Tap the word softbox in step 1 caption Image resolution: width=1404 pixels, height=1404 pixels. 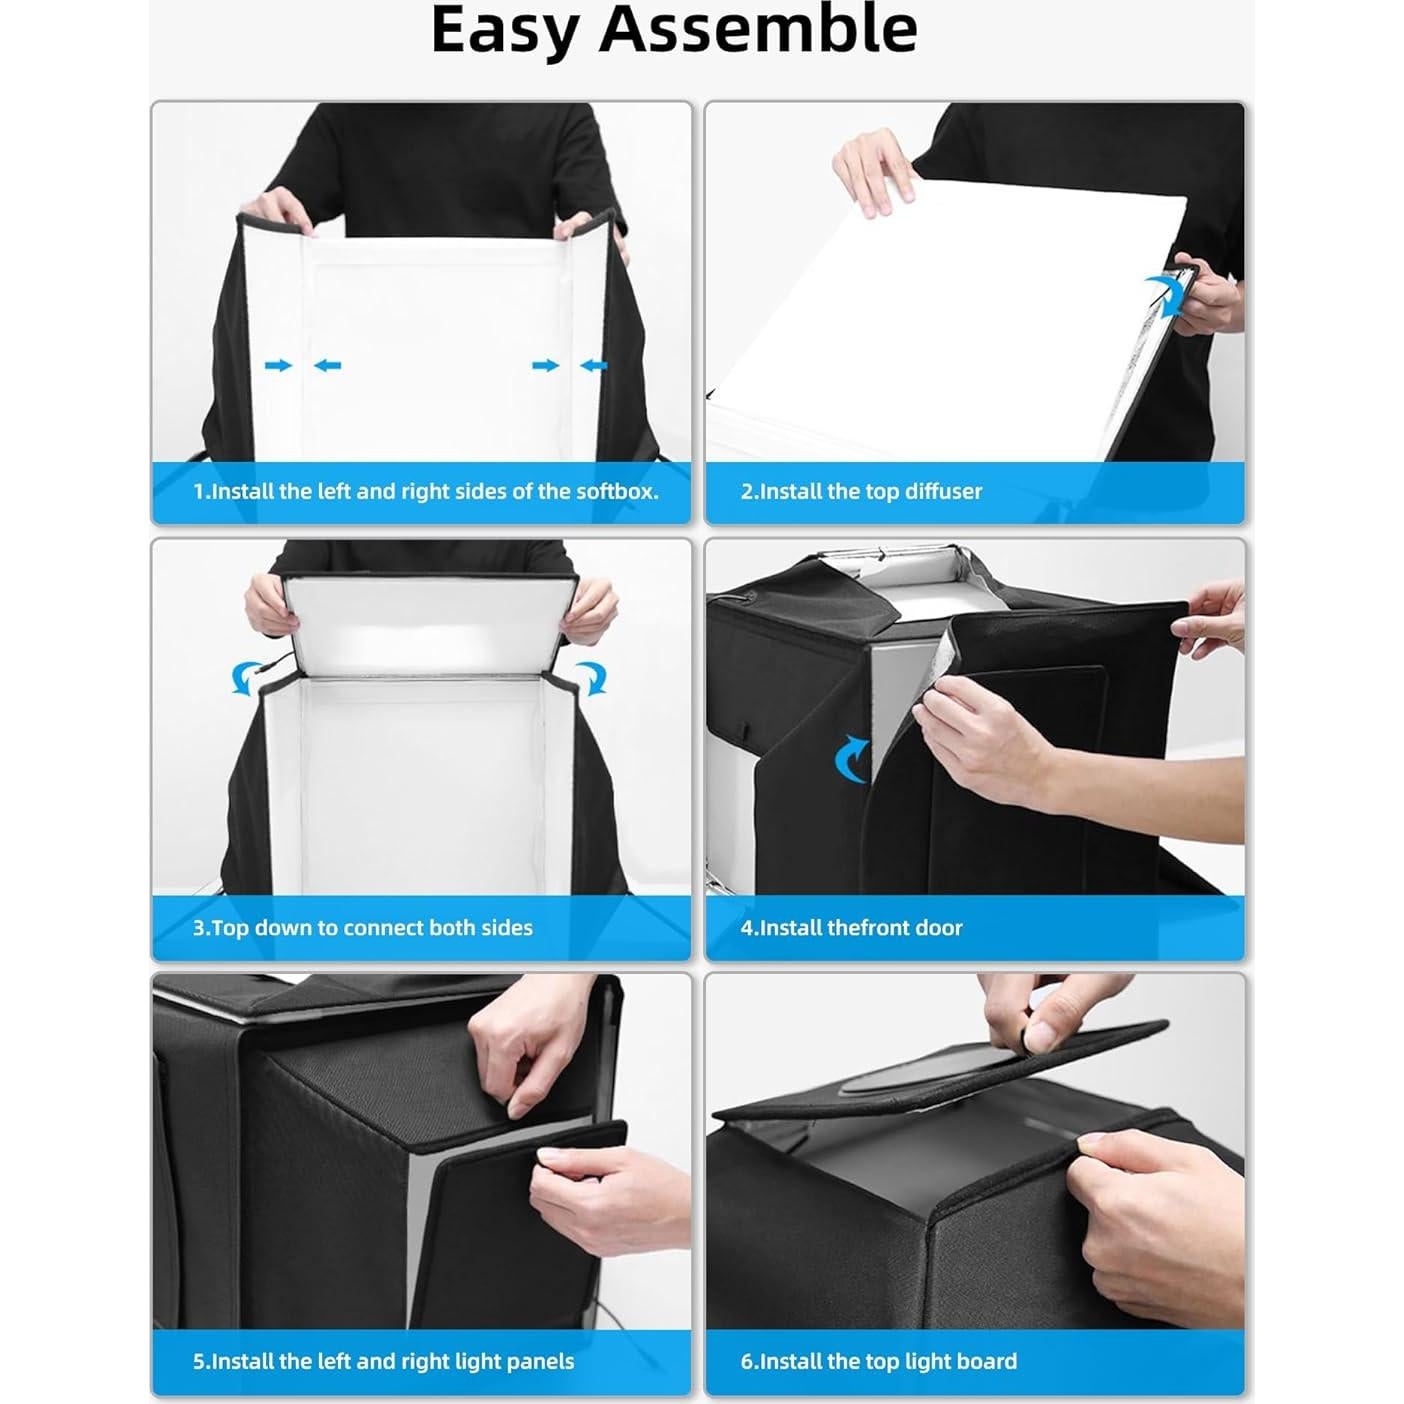pos(613,491)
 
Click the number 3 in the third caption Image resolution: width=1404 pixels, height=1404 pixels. pos(198,928)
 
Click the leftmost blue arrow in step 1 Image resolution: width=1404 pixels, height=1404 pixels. pos(278,366)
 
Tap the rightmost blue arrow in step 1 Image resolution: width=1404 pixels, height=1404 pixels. pos(593,366)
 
